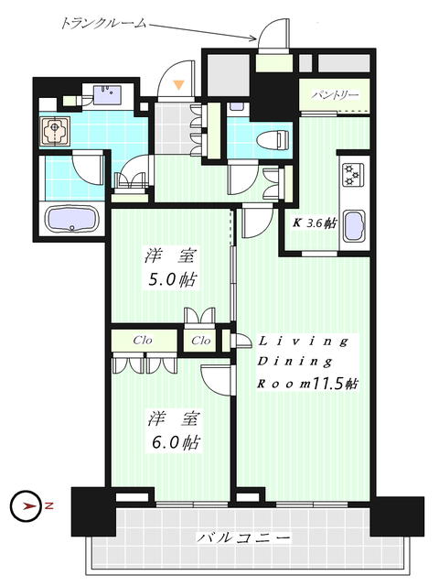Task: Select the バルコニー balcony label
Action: click(x=243, y=538)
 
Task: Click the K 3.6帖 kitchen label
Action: click(x=314, y=222)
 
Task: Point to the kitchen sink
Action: click(x=353, y=225)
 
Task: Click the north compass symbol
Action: click(x=26, y=505)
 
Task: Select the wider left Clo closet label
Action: click(x=141, y=341)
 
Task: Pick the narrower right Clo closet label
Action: click(x=201, y=341)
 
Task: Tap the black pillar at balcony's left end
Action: click(x=92, y=512)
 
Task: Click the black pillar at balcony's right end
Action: click(x=397, y=515)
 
